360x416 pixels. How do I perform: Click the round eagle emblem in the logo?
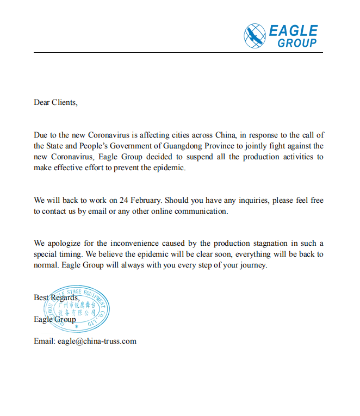tap(255, 35)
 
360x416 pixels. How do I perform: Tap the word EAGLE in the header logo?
tap(293, 30)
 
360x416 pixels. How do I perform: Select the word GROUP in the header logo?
tap(297, 43)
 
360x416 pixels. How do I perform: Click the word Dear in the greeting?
tap(42, 102)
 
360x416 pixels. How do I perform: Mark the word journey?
tap(254, 265)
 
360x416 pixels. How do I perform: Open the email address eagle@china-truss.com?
tap(97, 342)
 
